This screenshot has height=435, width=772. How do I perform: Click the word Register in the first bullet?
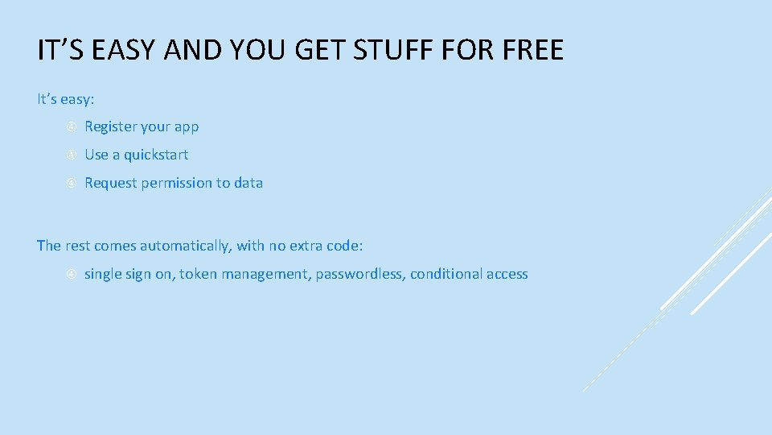[110, 126]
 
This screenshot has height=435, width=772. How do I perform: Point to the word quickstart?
[155, 155]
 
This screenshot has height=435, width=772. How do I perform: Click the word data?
[248, 183]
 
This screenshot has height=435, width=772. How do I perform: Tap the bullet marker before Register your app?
[71, 127]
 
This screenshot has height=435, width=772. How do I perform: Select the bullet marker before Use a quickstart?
[71, 155]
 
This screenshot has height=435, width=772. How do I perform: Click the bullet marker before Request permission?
[71, 183]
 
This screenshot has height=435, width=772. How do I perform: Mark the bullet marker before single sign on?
[71, 275]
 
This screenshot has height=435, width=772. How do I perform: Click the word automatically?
[184, 246]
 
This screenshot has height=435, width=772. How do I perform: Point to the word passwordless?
[360, 274]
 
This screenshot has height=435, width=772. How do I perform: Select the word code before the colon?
[345, 246]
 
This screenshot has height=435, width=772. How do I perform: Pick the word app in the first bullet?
[187, 127]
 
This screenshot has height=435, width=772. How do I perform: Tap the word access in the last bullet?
[507, 274]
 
